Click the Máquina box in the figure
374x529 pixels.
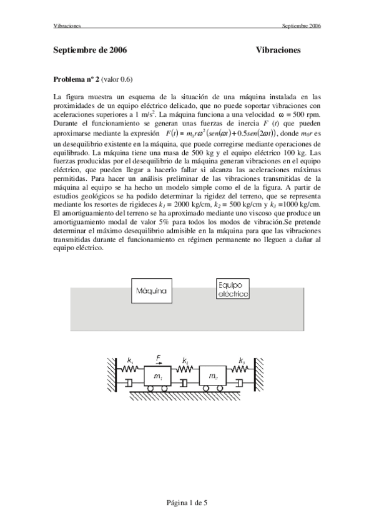[150, 291]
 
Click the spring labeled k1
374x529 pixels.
[129, 369]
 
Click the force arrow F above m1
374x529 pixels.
[159, 361]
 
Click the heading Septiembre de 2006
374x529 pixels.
[91, 49]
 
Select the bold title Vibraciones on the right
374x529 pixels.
[278, 49]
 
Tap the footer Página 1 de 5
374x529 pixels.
[187, 503]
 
